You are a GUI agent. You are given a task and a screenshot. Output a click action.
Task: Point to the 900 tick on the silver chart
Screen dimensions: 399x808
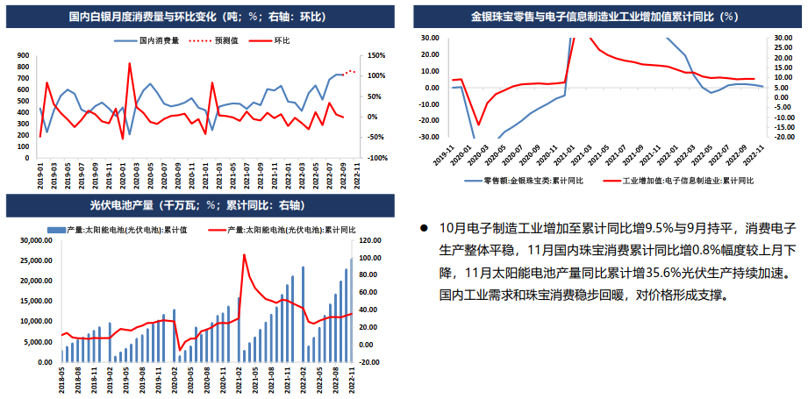click(x=24, y=54)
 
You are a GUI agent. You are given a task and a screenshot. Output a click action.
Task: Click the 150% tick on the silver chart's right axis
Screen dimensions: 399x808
click(x=375, y=54)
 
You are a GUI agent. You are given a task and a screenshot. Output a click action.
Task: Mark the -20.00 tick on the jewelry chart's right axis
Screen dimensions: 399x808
click(x=783, y=137)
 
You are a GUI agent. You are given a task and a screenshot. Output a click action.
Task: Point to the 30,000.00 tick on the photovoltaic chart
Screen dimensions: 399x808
click(x=34, y=240)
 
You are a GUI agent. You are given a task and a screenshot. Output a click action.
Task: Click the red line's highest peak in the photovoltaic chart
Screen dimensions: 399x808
click(x=244, y=254)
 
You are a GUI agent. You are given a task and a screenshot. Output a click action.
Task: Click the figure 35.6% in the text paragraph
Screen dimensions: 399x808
click(x=644, y=273)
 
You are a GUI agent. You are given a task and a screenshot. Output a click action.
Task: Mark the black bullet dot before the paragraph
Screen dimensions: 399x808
click(x=423, y=227)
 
